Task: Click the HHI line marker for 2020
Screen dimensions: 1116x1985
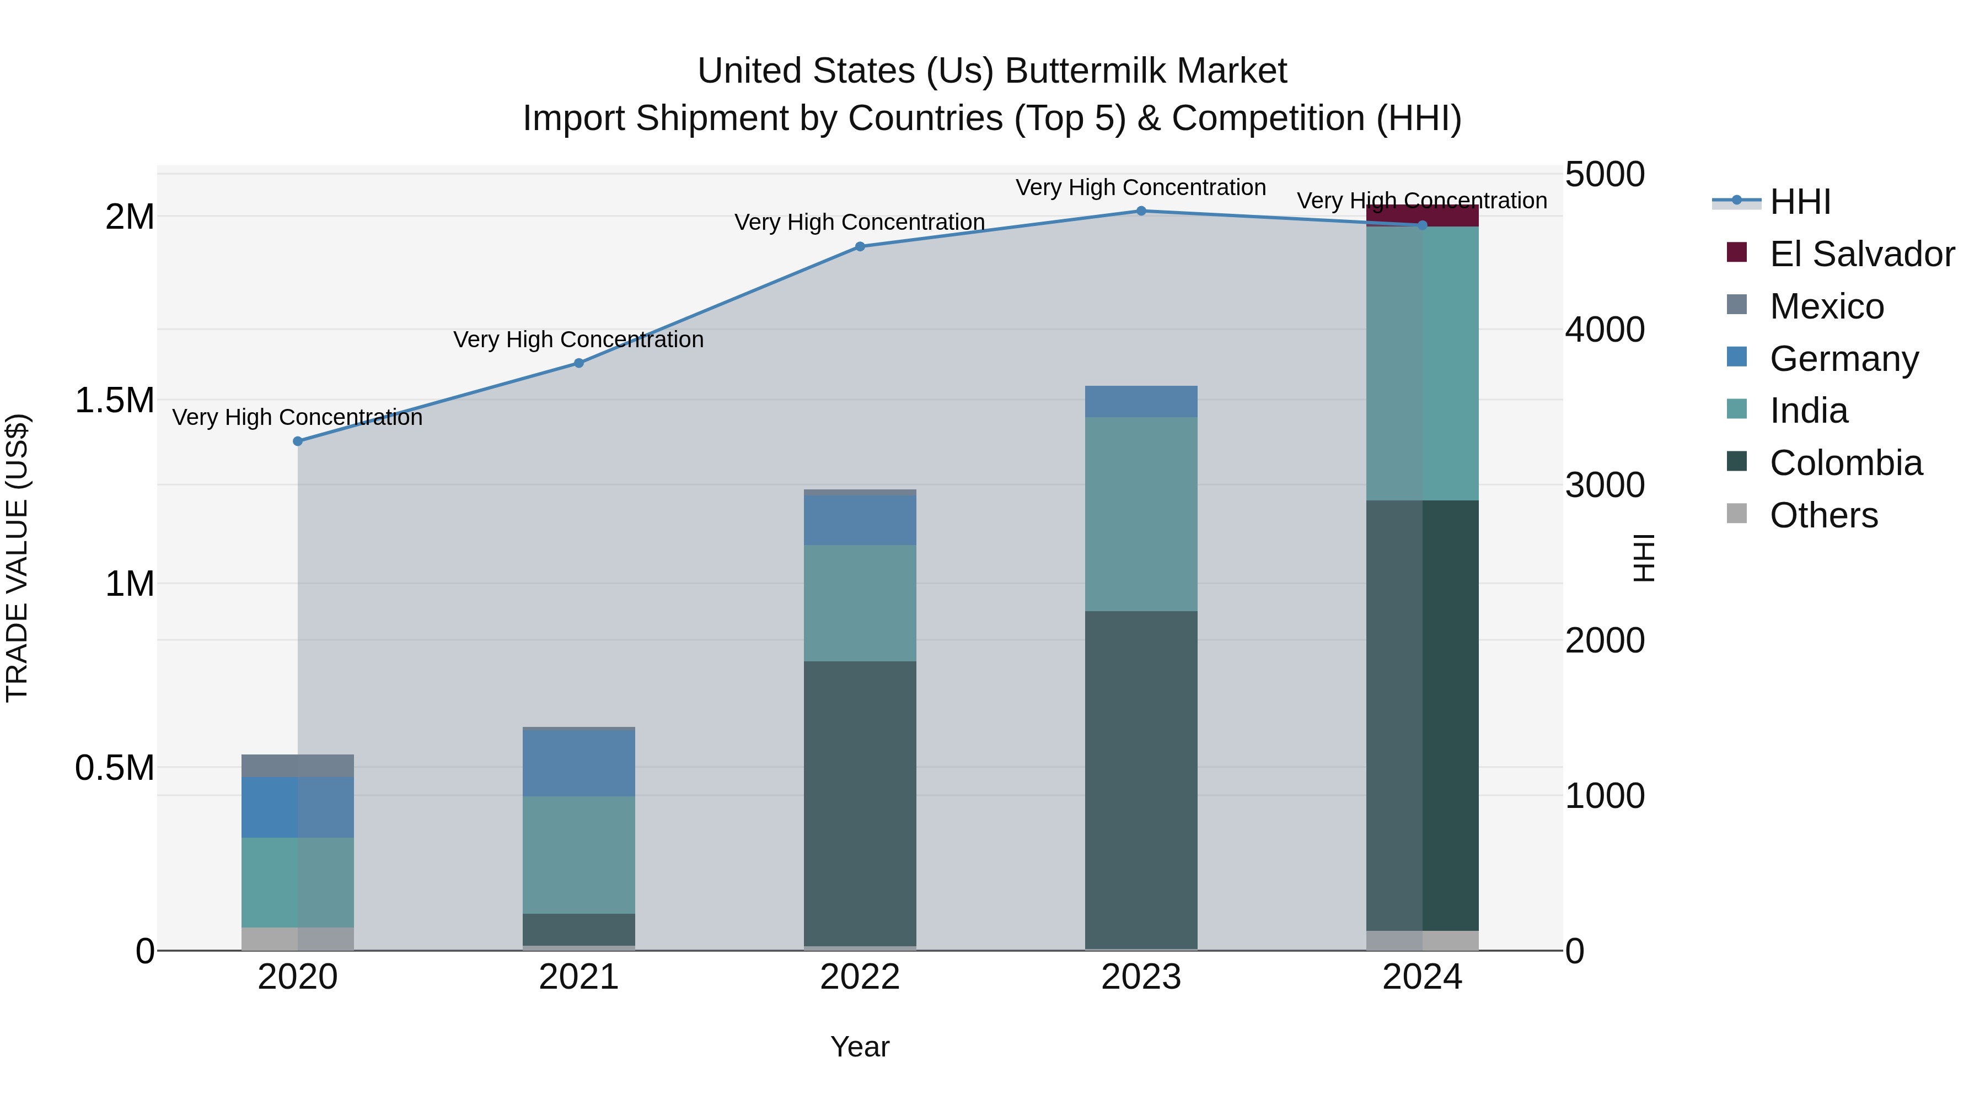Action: point(297,441)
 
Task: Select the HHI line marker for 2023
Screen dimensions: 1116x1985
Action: point(1141,211)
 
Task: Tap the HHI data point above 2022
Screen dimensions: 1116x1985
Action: point(860,246)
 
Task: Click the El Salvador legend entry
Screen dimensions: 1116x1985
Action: point(1861,254)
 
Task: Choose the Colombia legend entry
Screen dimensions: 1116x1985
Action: point(1845,463)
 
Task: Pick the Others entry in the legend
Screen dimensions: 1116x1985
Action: point(1823,515)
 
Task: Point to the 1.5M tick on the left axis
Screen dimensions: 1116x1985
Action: point(114,401)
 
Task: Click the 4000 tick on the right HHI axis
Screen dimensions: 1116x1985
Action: point(1605,330)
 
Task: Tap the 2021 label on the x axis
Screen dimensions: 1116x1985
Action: point(579,977)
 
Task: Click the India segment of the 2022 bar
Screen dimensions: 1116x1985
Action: point(860,602)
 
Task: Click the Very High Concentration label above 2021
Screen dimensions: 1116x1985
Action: point(579,339)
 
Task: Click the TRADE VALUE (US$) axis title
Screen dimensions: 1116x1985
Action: point(17,558)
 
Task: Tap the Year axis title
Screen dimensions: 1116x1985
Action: point(860,1047)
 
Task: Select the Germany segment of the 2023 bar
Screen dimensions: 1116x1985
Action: point(1141,401)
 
